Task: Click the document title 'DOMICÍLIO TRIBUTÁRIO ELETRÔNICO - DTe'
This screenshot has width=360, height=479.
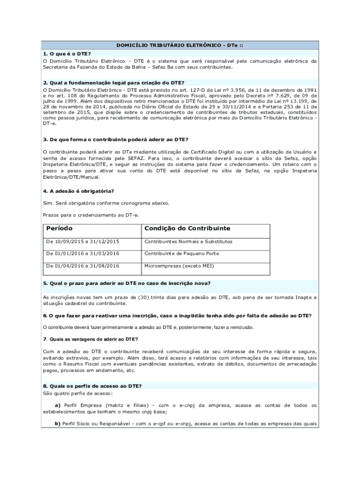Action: click(180, 45)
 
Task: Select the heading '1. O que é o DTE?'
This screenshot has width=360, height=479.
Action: click(66, 53)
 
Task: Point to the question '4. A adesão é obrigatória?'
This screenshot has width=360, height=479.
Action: click(79, 191)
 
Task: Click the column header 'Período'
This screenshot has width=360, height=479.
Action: click(60, 228)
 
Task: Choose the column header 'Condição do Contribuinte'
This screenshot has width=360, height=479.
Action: click(187, 228)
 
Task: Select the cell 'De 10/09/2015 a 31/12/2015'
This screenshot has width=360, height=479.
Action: click(83, 242)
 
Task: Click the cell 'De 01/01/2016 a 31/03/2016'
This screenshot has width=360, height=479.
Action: click(83, 254)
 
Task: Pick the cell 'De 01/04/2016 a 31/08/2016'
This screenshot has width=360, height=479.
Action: click(83, 266)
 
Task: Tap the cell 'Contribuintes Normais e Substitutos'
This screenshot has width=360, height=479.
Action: click(188, 242)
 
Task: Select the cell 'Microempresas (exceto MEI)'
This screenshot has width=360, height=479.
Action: click(179, 266)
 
